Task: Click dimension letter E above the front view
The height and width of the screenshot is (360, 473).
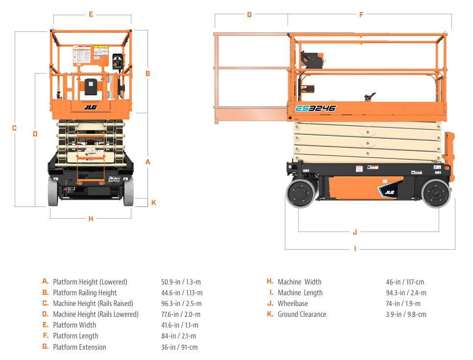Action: (91, 14)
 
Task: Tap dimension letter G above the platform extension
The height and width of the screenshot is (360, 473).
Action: (249, 15)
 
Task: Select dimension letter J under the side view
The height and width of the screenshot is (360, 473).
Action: (355, 231)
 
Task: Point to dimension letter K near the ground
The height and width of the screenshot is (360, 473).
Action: (153, 202)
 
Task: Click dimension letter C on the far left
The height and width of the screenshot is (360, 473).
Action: (14, 128)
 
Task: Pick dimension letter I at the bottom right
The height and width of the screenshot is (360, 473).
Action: (355, 249)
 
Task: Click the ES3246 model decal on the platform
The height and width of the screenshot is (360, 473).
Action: (316, 108)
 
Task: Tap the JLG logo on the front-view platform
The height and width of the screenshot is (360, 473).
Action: (90, 107)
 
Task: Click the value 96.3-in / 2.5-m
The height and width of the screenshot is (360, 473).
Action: (181, 304)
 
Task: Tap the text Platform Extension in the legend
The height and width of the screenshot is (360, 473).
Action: (79, 347)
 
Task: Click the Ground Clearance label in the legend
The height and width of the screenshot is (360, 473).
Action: (301, 314)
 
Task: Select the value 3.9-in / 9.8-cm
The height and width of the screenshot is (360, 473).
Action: (406, 314)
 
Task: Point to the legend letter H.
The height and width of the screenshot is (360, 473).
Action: (270, 282)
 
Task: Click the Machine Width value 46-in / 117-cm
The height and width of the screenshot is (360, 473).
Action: (405, 282)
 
